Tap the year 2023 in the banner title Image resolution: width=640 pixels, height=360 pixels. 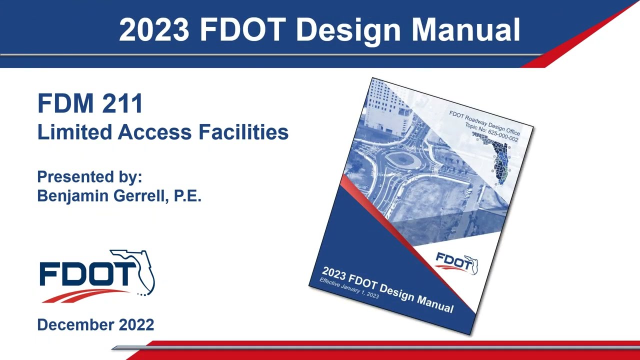tap(154, 30)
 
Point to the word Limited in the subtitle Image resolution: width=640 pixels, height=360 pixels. tap(74, 132)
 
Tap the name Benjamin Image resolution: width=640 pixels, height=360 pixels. tap(73, 195)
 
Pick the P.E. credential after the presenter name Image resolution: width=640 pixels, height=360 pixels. tap(187, 195)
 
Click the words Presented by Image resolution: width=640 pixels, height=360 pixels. tap(89, 177)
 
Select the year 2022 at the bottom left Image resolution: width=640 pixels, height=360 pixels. tap(136, 324)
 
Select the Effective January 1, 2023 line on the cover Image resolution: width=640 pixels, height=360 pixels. tap(349, 288)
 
